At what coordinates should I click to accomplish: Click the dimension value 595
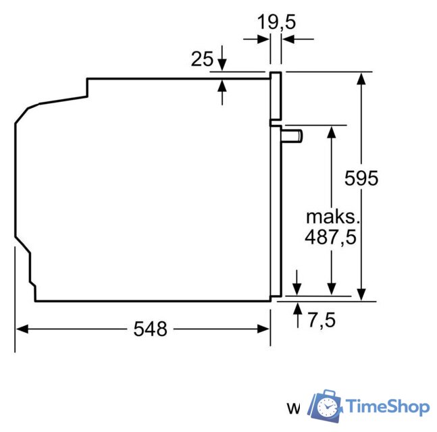(361, 178)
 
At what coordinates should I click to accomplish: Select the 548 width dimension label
(150, 329)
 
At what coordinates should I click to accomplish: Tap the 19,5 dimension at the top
(276, 22)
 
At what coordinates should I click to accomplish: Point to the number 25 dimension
(202, 59)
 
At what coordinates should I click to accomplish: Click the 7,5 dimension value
(322, 319)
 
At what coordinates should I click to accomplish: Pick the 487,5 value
(330, 237)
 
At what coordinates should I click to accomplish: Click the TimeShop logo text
(387, 406)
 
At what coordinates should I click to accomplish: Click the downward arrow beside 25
(223, 65)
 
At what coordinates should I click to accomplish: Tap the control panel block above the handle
(276, 97)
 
